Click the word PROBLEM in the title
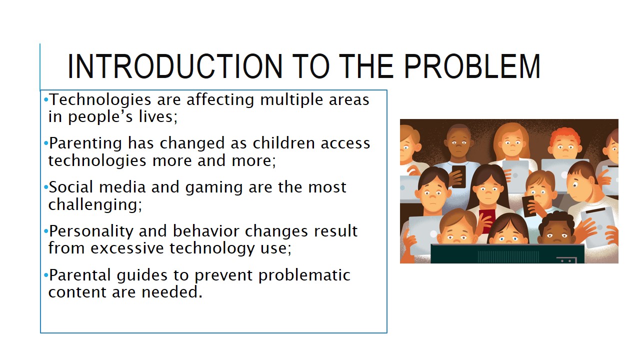pyautogui.click(x=472, y=66)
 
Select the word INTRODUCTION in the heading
pyautogui.click(x=175, y=66)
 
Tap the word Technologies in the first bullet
pyautogui.click(x=100, y=100)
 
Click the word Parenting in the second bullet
pyautogui.click(x=85, y=144)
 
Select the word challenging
pyautogui.click(x=95, y=205)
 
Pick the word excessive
pyautogui.click(x=127, y=248)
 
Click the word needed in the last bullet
pyautogui.click(x=172, y=292)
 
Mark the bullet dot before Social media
pyautogui.click(x=46, y=187)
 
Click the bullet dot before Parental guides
pyautogui.click(x=46, y=275)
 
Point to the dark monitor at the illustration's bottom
pyautogui.click(x=507, y=253)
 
